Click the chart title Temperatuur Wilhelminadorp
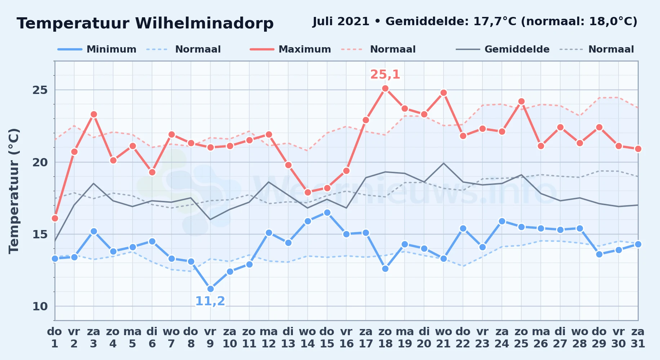[145, 23]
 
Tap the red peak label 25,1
[385, 75]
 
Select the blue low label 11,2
[210, 301]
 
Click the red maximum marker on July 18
[385, 89]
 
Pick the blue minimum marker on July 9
[210, 289]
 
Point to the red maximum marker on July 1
[55, 218]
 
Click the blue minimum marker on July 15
[327, 212]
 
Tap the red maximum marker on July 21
[443, 93]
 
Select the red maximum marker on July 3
[94, 114]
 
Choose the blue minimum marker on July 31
[638, 244]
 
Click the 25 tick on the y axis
[40, 90]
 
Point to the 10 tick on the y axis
[40, 306]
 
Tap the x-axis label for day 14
[308, 338]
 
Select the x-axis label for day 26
[541, 338]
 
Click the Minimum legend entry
[97, 49]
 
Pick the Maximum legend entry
[290, 49]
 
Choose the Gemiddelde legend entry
[503, 49]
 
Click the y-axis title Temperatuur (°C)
[14, 191]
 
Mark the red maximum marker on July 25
[521, 102]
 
